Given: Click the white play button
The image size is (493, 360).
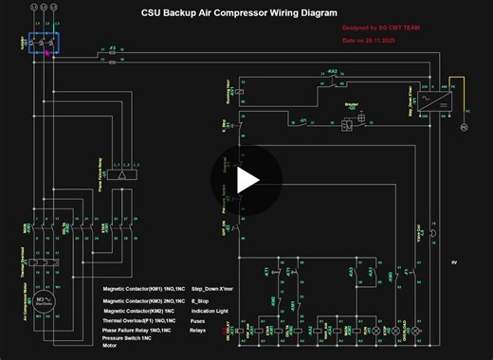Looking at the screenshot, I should [x=247, y=179].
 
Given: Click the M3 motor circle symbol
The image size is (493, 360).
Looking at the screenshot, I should [x=42, y=303].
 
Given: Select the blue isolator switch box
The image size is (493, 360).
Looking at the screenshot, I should [x=43, y=45].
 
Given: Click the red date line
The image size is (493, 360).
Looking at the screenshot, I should [x=368, y=41].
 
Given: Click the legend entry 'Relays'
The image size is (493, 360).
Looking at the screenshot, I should [x=197, y=331].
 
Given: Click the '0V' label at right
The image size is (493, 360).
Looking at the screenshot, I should [x=454, y=261].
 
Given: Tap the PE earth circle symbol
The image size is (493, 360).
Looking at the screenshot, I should [x=464, y=126].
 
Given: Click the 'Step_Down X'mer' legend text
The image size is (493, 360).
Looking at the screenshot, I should [x=212, y=288].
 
